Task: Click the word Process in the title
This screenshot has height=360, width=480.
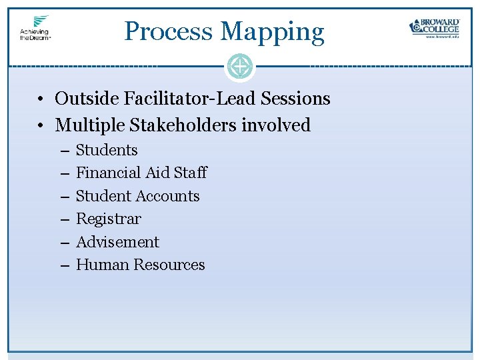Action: pyautogui.click(x=169, y=31)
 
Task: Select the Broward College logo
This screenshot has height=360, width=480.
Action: pyautogui.click(x=434, y=27)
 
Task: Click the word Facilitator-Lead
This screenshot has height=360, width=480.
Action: pyautogui.click(x=180, y=99)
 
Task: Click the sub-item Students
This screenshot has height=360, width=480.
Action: pyautogui.click(x=107, y=151)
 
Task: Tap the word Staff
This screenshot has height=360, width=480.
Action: pyautogui.click(x=190, y=173)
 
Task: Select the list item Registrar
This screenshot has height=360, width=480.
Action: pyautogui.click(x=109, y=219)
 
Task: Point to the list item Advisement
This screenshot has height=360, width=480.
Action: pyautogui.click(x=117, y=242)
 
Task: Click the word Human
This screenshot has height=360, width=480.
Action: pyautogui.click(x=102, y=265)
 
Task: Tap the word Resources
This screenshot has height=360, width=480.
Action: pyautogui.click(x=169, y=265)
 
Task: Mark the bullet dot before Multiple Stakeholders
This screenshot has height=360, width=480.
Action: pyautogui.click(x=41, y=126)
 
